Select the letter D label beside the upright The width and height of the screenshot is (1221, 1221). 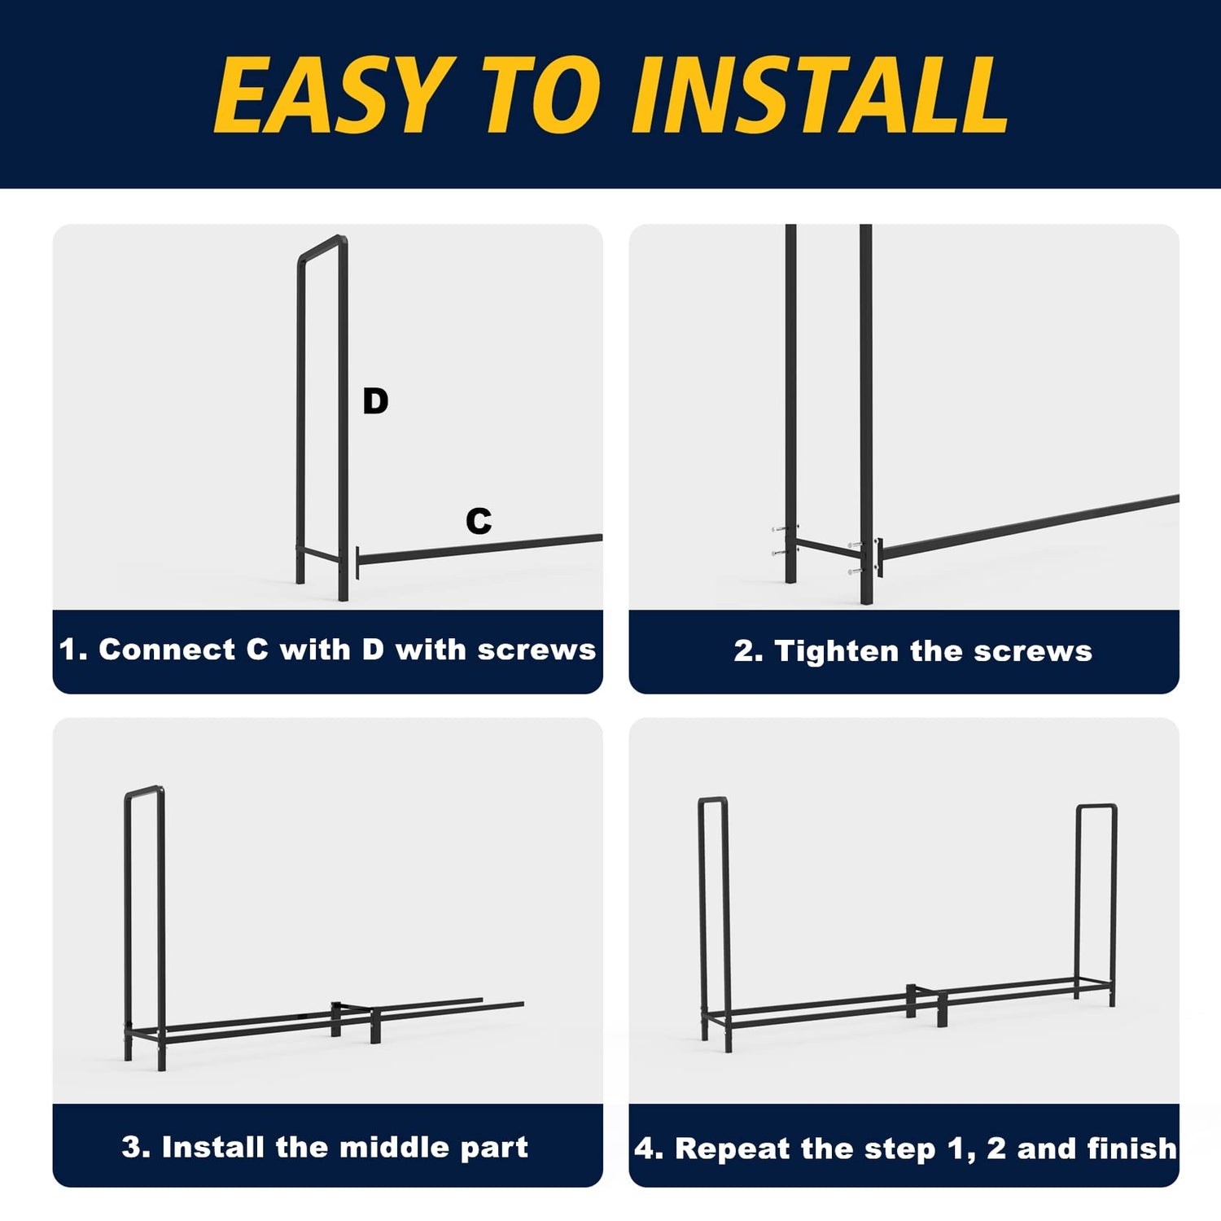pos(375,401)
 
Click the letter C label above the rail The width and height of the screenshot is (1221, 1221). pos(479,521)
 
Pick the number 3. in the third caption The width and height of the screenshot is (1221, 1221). pos(136,1147)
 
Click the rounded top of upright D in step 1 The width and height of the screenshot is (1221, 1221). pos(322,247)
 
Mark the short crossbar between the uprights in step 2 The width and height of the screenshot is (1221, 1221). pos(829,549)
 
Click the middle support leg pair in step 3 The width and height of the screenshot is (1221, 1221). pos(355,1022)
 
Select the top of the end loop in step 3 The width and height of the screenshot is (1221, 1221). pos(144,790)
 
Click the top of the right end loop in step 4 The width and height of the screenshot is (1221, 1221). pos(1096,807)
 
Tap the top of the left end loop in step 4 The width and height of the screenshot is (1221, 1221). pos(712,801)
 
